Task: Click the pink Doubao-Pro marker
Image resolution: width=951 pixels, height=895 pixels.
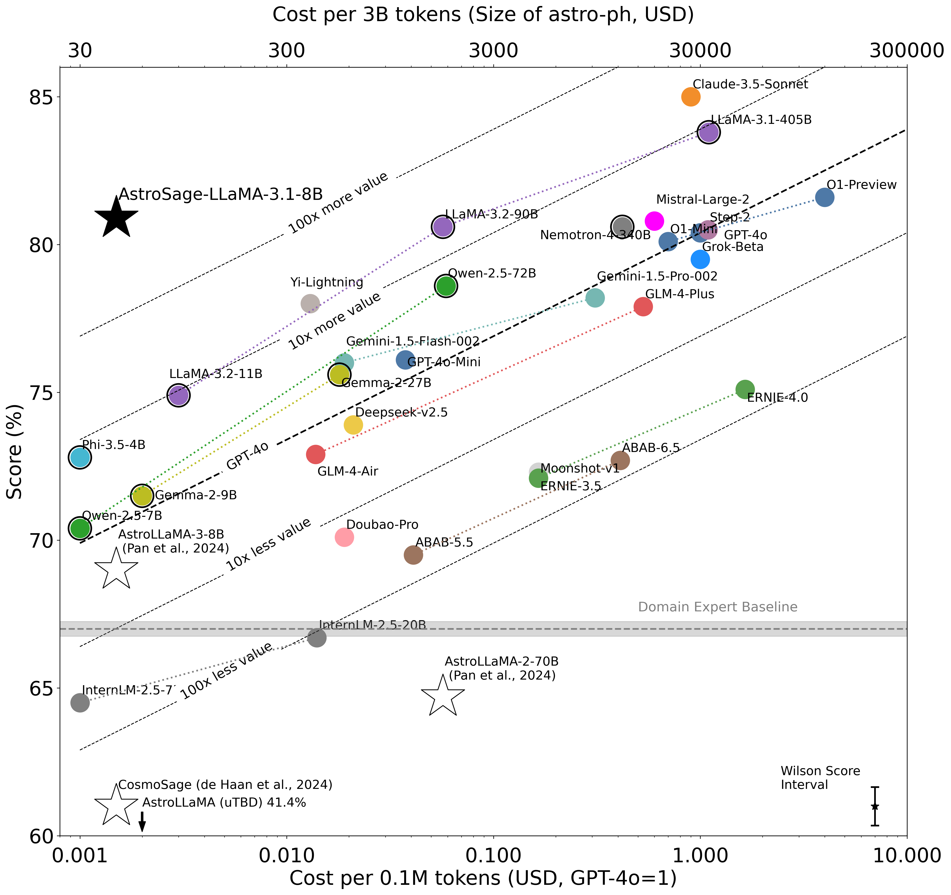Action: tap(344, 537)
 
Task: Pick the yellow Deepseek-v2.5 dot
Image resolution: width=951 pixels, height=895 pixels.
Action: tap(353, 425)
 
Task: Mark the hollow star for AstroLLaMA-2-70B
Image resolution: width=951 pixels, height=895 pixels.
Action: tap(443, 697)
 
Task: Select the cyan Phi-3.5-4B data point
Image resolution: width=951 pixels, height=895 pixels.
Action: tap(80, 458)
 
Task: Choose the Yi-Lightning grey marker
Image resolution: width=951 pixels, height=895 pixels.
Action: tap(310, 303)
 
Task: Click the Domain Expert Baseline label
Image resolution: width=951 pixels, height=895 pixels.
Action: tap(718, 607)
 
